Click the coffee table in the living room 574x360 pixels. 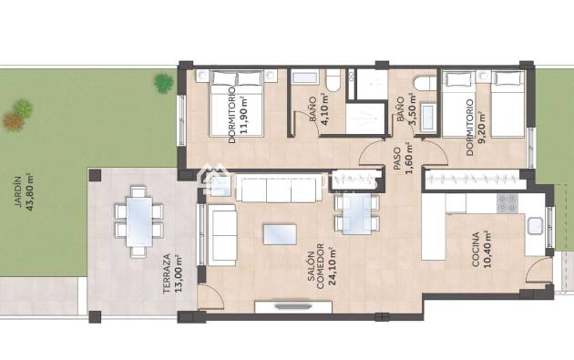pos(279,234)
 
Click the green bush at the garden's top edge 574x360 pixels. pos(163,84)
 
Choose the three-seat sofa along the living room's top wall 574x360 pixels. pos(266,190)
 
